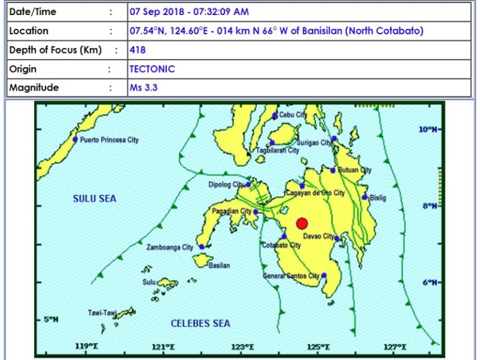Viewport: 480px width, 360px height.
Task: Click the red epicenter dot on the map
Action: pos(302,224)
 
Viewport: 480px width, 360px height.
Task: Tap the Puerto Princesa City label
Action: pos(109,140)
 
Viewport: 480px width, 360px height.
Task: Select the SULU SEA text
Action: pos(94,199)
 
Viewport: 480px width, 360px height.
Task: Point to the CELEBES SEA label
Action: pos(201,323)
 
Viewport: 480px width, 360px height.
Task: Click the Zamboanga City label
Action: pos(169,247)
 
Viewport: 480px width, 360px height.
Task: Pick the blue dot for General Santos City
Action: pos(324,275)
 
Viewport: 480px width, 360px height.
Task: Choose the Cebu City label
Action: pos(292,115)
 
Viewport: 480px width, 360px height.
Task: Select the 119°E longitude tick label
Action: pos(85,346)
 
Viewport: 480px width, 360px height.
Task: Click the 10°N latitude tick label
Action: pos(427,129)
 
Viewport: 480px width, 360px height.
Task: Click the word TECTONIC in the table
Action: pos(152,69)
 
